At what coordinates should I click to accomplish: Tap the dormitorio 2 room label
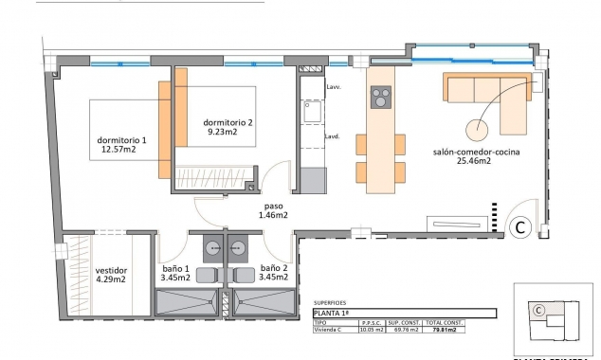228,128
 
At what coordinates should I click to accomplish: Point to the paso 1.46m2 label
273,210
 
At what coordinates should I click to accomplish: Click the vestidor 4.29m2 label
111,275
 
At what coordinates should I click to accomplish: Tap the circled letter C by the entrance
519,227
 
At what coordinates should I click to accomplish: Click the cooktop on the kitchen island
380,97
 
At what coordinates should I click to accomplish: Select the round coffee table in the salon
477,132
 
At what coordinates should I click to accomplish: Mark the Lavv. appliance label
333,87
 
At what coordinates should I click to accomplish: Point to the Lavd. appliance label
333,136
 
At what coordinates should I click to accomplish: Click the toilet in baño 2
245,275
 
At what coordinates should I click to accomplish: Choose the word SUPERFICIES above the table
329,302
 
